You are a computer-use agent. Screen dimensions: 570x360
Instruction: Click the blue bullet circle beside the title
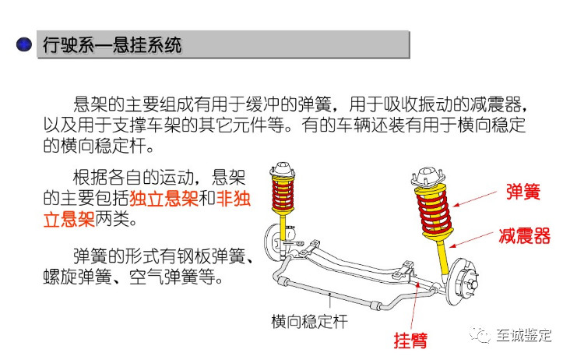[x=24, y=44]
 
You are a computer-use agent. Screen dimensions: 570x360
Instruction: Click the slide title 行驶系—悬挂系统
[x=112, y=45]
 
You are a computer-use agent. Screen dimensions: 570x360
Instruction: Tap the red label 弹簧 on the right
[x=523, y=191]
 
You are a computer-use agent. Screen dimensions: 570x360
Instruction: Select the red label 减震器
[x=525, y=235]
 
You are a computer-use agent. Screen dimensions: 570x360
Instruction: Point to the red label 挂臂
[x=410, y=340]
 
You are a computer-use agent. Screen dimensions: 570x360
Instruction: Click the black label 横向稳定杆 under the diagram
[x=309, y=322]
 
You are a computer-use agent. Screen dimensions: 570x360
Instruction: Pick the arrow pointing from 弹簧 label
[x=475, y=199]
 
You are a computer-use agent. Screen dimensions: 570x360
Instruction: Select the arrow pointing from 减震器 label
[x=471, y=239]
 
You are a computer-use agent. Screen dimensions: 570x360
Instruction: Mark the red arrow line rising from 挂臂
[x=415, y=305]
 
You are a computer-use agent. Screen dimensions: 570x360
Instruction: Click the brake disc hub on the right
[x=462, y=282]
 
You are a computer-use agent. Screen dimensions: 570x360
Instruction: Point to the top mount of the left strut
[x=282, y=169]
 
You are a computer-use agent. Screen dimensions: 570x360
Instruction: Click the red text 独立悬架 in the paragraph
[x=164, y=199]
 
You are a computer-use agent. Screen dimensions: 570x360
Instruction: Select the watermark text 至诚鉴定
[x=524, y=335]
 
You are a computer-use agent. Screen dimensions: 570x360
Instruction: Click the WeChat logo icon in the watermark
[x=480, y=334]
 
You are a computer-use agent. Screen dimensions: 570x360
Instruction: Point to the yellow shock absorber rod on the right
[x=442, y=257]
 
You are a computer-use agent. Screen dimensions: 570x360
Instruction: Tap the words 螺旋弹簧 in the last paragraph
[x=77, y=277]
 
